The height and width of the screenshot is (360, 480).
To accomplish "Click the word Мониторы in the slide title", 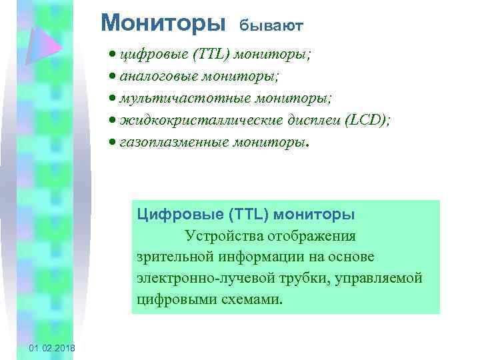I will (x=163, y=23).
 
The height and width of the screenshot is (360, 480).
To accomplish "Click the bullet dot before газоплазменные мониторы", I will (x=113, y=143).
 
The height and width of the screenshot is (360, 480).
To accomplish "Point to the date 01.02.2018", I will (x=53, y=349).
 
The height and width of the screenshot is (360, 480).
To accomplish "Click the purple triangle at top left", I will (x=45, y=47).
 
